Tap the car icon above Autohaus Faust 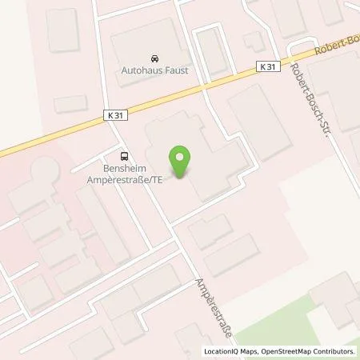153,58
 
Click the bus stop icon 124,157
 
